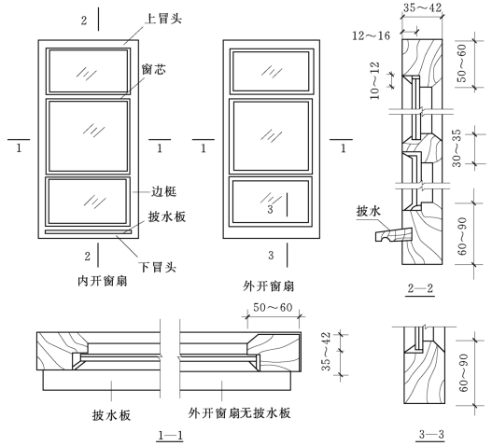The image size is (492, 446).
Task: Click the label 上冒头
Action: pos(163,19)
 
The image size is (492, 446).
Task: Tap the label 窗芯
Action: pos(154,69)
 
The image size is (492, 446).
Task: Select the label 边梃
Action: pos(164,191)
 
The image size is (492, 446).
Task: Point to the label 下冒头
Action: pos(158,267)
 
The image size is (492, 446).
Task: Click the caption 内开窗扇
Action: pos(103,281)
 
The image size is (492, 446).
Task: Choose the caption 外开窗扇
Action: pos(269,286)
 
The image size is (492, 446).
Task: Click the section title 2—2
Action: pos(420,288)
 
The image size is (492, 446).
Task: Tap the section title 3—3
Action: pos(431,435)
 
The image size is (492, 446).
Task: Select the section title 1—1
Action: pos(171,436)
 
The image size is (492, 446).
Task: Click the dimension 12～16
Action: pos(372,35)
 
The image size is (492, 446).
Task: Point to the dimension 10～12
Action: pos(374,81)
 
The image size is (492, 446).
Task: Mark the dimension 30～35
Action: pos(457,147)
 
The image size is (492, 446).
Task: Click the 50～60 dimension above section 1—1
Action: pos(273,307)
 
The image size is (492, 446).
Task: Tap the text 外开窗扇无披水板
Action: pos(239,412)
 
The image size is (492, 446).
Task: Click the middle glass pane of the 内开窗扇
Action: pos(89,136)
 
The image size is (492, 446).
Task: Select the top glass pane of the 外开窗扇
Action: pos(271,71)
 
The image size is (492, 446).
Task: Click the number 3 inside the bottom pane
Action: pos(271,209)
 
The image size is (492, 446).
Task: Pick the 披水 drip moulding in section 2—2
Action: pos(393,235)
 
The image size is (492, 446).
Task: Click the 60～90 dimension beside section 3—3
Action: pos(463,373)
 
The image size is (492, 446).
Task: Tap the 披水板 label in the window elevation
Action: pos(167,216)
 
